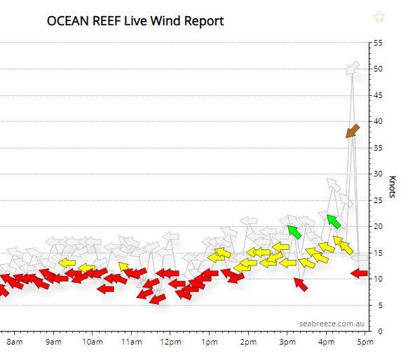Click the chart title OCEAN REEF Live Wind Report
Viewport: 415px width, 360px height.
coord(135,21)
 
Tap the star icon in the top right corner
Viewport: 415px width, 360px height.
coord(379,17)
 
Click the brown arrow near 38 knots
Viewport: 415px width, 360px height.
coord(352,131)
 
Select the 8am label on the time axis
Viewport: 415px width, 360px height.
coord(15,342)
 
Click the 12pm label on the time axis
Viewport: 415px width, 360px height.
coord(170,342)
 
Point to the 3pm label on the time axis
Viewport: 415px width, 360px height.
coord(287,342)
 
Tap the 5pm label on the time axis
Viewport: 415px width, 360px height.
coord(363,342)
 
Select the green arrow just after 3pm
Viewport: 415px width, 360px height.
coord(293,231)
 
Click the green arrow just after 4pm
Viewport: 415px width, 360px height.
coord(333,221)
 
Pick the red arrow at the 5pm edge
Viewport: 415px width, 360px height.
coord(359,273)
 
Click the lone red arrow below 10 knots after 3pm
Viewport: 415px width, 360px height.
coord(300,284)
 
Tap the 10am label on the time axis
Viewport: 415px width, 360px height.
coord(92,342)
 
